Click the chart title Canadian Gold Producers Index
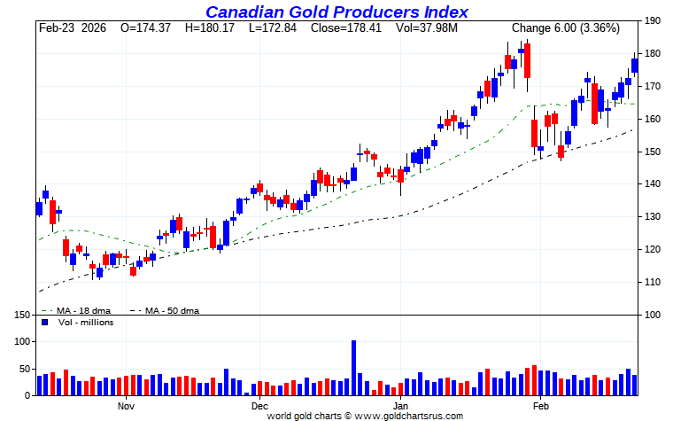(x=336, y=12)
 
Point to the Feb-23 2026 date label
(x=72, y=28)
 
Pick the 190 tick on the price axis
(x=654, y=21)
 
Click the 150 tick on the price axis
(x=654, y=152)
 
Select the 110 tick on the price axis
(x=654, y=282)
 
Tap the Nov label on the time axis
(x=126, y=406)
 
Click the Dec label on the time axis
(x=259, y=406)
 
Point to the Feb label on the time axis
(x=541, y=406)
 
